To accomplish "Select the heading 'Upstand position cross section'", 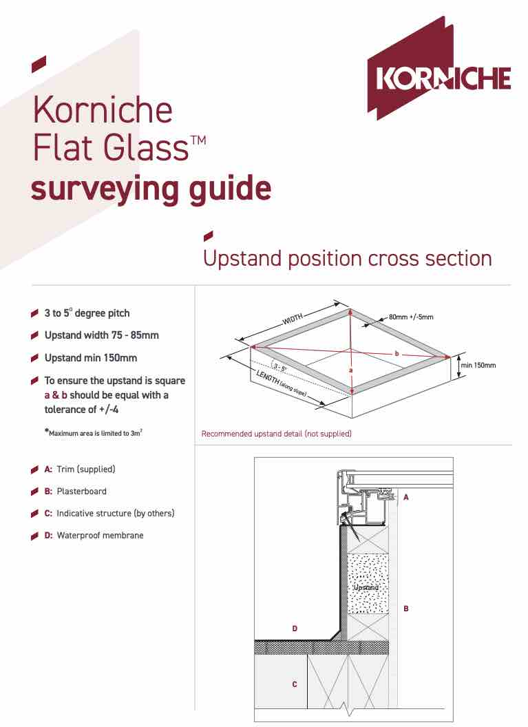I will [347, 259].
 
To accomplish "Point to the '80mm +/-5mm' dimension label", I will [411, 317].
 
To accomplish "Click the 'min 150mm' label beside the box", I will [478, 365].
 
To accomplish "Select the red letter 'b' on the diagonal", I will [397, 353].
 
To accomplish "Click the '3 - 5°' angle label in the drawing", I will [280, 368].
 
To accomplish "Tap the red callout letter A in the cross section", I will [406, 496].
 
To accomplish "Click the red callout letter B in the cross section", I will [406, 609].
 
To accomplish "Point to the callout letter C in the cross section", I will [295, 684].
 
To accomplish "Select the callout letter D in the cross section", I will [295, 628].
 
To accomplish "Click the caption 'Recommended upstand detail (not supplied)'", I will [276, 434].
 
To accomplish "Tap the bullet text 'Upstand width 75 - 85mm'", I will [101, 335].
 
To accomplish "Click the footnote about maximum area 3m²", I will [97, 432].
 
